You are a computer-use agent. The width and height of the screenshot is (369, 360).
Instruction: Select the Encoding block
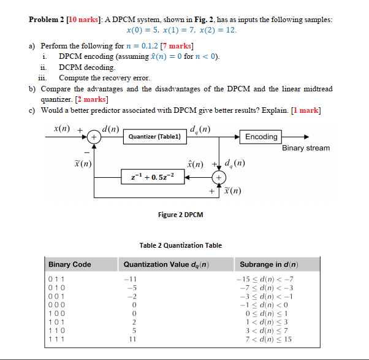tap(261, 137)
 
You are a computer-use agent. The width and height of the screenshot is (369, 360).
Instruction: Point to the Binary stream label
tap(306, 148)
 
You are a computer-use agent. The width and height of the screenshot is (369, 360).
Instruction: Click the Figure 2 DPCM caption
tap(180, 215)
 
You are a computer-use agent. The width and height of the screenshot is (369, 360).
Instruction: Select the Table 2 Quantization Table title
tap(180, 245)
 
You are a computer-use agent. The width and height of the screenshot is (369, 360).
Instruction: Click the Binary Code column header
tap(70, 264)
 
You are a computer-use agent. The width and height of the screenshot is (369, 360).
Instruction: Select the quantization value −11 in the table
tap(130, 278)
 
